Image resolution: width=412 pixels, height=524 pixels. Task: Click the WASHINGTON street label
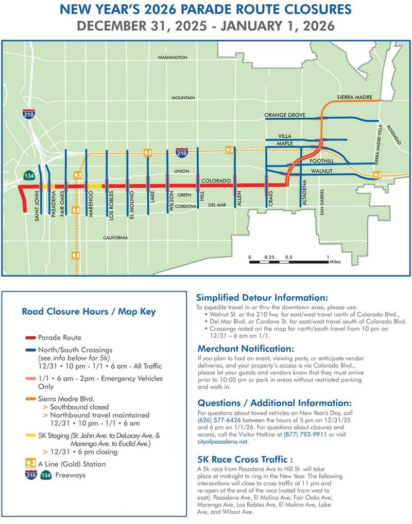(x=173, y=58)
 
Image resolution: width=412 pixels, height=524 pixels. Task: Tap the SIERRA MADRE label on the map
(x=351, y=97)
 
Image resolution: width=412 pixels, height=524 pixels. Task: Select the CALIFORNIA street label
(x=115, y=238)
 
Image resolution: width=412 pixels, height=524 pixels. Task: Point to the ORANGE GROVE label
(x=285, y=115)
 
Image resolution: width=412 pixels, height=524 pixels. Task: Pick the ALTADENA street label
(x=304, y=193)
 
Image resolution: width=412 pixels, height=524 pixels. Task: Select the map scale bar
(x=288, y=262)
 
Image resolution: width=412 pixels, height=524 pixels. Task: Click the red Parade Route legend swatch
(x=30, y=338)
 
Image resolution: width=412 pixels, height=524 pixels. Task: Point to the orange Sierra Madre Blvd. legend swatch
(x=30, y=398)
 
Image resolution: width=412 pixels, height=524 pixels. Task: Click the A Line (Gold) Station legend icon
(x=31, y=464)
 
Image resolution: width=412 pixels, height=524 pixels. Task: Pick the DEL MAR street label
(x=217, y=205)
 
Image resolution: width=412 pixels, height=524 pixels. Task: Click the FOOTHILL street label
(x=322, y=161)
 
